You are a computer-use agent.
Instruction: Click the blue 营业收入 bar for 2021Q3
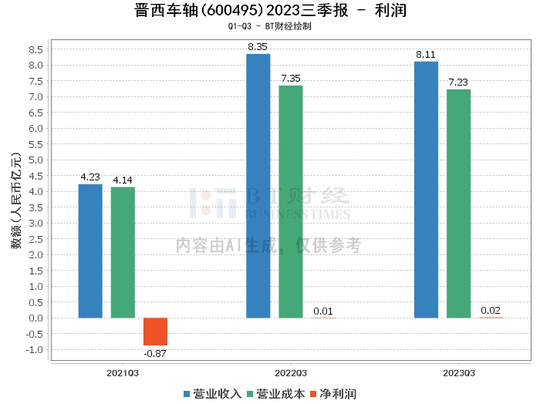[90, 251]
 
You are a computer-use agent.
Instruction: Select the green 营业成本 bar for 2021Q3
[123, 252]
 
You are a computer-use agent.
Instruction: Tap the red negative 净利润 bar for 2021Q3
[155, 332]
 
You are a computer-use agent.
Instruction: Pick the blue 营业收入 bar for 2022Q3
[258, 186]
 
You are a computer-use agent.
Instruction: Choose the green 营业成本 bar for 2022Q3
[291, 201]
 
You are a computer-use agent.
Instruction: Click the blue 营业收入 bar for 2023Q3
[426, 190]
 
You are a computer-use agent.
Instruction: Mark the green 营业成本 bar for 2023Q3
[458, 204]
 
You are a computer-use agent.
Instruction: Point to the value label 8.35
[258, 47]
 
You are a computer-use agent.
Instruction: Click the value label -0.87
[155, 353]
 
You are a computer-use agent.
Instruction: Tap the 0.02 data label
[491, 311]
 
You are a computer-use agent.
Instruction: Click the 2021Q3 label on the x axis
[123, 372]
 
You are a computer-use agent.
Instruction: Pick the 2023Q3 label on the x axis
[458, 372]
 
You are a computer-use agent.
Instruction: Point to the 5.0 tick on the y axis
[35, 160]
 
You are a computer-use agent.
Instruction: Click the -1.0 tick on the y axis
[34, 349]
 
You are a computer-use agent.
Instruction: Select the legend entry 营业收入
[212, 393]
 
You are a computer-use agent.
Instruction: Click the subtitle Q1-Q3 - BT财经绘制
[269, 26]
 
